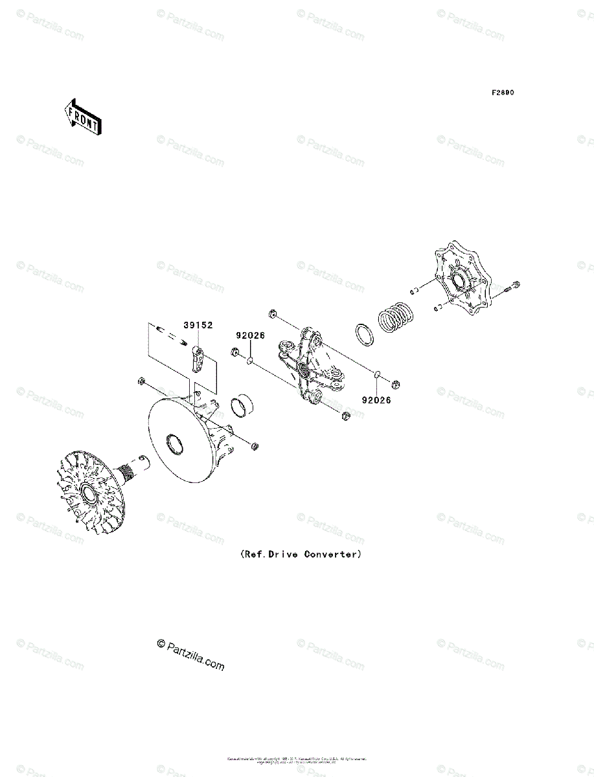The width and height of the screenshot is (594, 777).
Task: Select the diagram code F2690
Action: point(502,93)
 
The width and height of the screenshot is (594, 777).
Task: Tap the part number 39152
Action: point(198,326)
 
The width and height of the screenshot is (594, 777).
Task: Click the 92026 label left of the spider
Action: point(249,337)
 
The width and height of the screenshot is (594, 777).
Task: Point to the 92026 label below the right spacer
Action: point(376,400)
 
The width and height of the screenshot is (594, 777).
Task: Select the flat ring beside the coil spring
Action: point(364,336)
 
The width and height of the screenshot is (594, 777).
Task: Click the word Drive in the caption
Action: point(279,554)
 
